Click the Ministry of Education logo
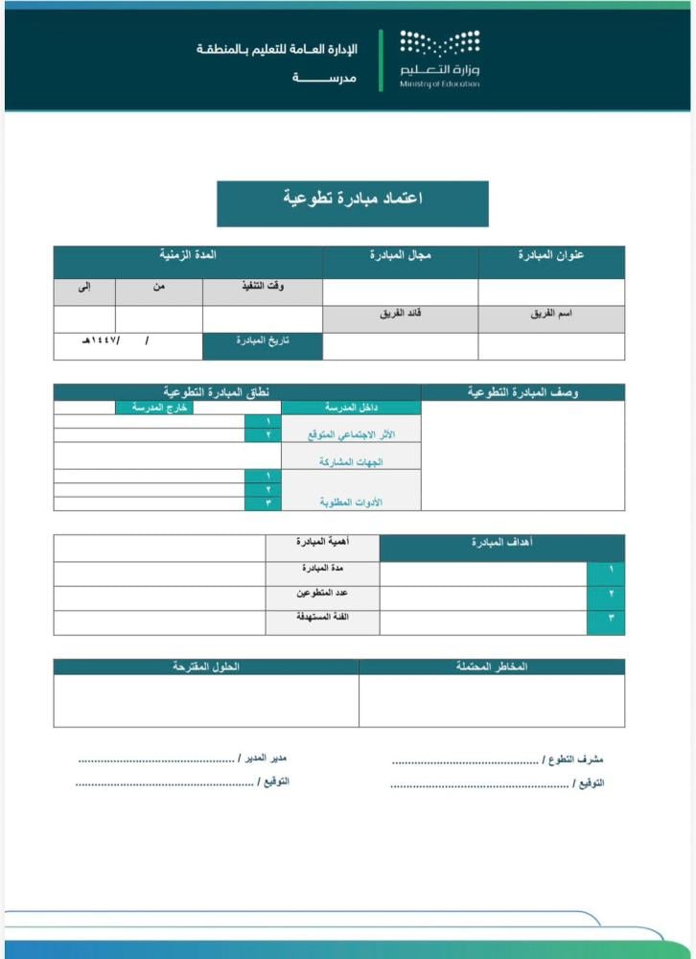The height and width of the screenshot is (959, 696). (440, 58)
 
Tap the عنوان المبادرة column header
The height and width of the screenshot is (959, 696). (551, 256)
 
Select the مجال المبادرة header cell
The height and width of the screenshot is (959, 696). (401, 256)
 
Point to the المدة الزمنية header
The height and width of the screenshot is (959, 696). (188, 256)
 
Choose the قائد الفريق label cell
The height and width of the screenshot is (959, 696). (401, 314)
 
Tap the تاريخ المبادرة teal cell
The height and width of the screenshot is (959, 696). (263, 342)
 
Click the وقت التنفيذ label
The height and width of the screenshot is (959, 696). (263, 287)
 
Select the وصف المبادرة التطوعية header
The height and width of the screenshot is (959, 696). (522, 392)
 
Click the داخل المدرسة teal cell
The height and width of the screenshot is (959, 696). (350, 409)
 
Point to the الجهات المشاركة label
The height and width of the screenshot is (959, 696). (351, 462)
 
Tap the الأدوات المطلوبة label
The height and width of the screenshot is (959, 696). (351, 502)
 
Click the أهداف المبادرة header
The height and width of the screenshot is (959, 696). (502, 543)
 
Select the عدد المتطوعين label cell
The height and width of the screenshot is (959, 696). (322, 594)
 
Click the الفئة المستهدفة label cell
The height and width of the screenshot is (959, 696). (322, 617)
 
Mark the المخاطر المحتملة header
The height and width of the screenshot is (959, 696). (492, 667)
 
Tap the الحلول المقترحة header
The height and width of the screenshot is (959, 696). (206, 667)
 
